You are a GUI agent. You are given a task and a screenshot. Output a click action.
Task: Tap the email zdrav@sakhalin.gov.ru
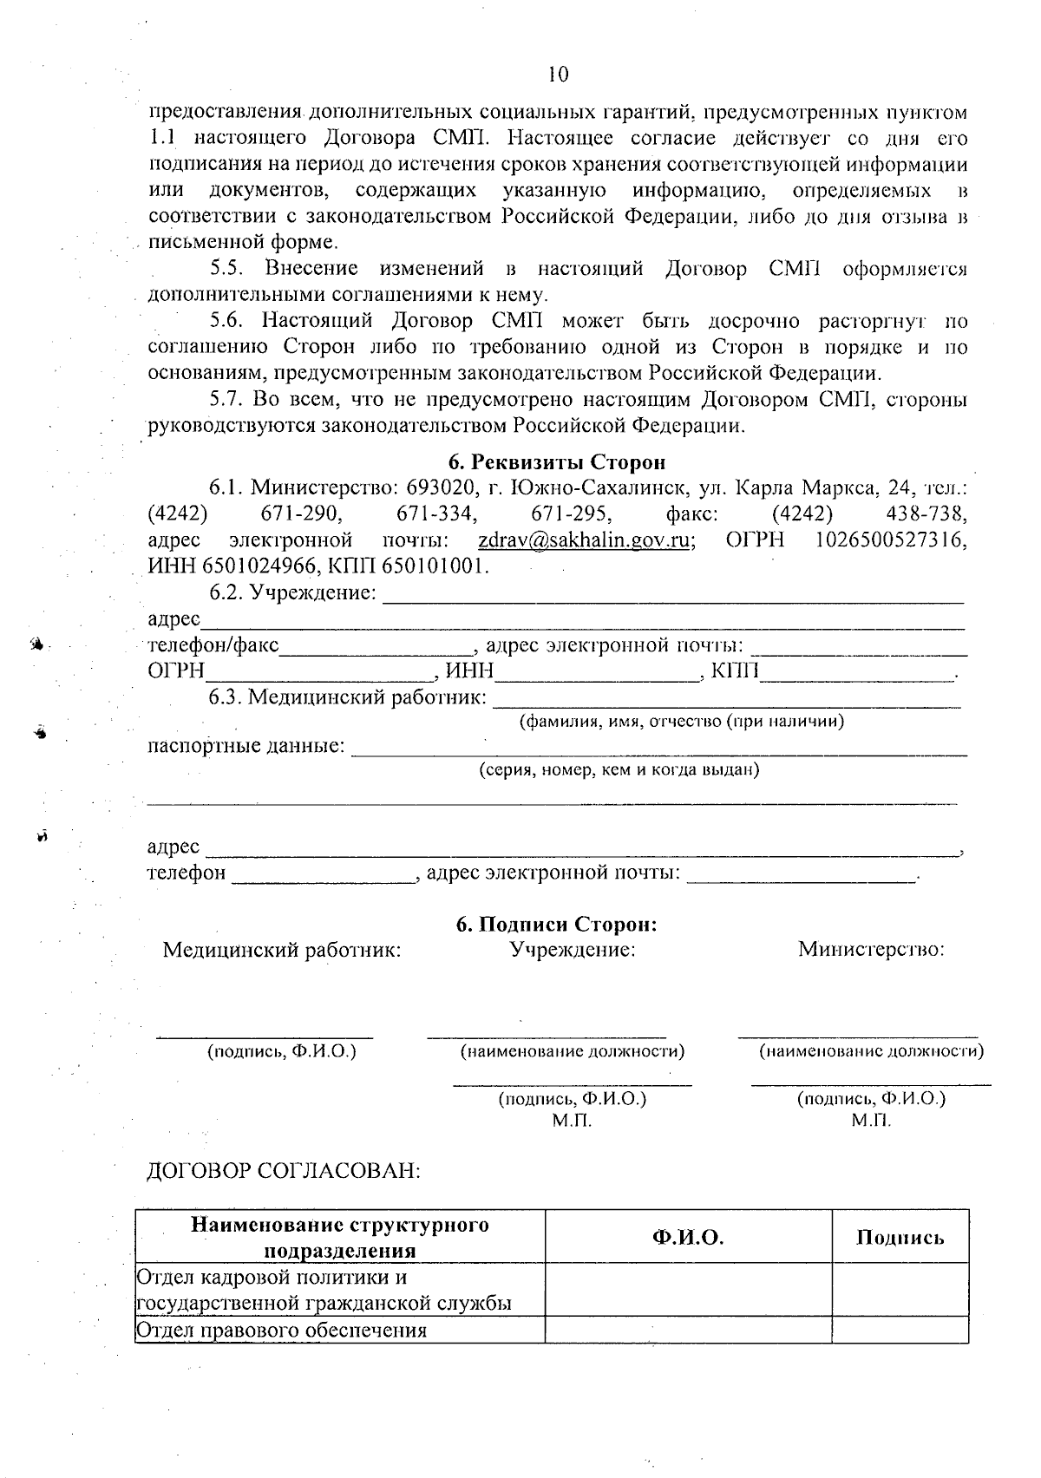click(x=586, y=540)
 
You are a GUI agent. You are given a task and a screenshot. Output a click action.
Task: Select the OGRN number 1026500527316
click(x=892, y=540)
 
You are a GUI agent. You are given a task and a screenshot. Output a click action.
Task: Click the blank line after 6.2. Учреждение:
click(x=672, y=596)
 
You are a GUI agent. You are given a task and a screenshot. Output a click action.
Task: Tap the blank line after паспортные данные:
click(x=659, y=749)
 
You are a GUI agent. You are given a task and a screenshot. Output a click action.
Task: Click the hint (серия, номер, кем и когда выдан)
click(x=620, y=769)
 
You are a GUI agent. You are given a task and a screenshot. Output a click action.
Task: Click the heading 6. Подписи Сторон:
click(x=557, y=924)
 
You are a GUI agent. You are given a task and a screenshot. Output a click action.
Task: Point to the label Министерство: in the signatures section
click(x=871, y=949)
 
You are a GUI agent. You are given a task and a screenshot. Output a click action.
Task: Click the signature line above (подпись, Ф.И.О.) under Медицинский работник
click(x=265, y=1034)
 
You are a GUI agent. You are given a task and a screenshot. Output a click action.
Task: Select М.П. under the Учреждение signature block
click(x=572, y=1120)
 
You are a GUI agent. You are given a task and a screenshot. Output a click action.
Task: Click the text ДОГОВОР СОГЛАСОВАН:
click(x=284, y=1171)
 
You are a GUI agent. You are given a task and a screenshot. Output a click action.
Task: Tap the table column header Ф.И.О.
click(x=688, y=1237)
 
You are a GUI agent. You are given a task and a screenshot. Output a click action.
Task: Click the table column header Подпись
click(x=900, y=1237)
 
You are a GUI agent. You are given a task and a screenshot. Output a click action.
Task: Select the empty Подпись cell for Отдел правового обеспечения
click(x=900, y=1330)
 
